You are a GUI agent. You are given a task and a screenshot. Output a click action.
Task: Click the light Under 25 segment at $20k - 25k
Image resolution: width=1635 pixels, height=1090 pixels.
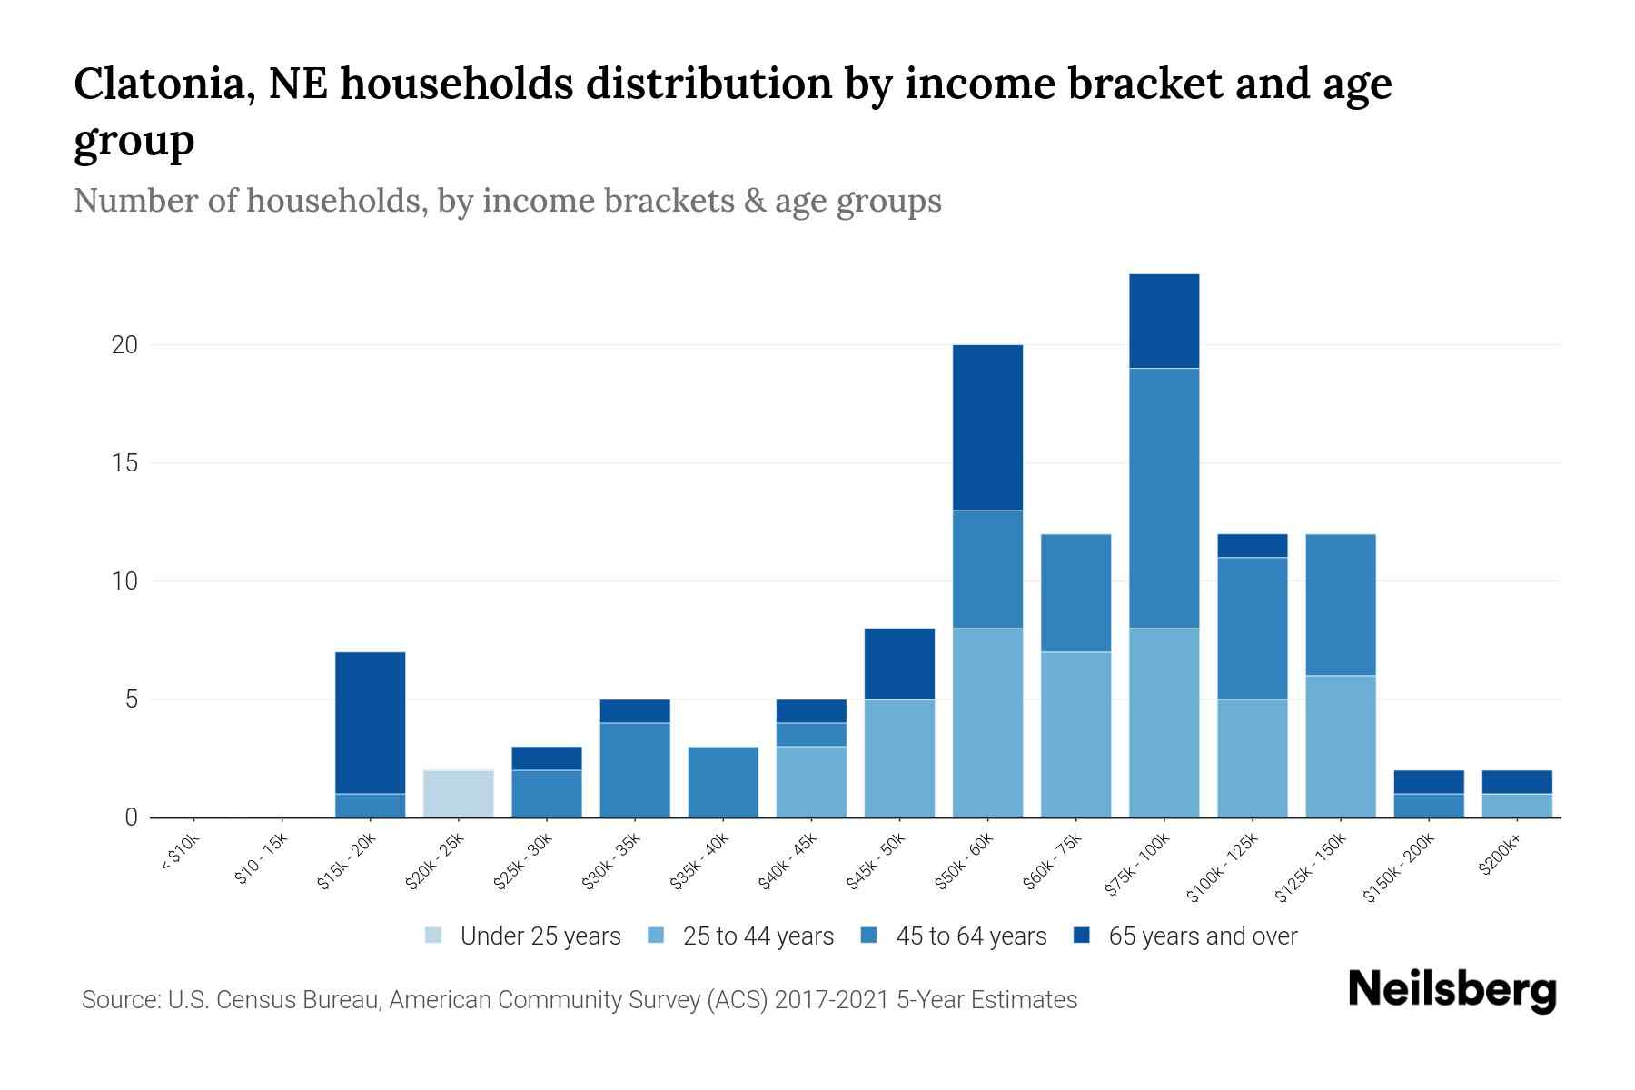click(x=458, y=793)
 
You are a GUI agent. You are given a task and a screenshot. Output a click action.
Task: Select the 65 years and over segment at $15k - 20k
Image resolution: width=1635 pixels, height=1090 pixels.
click(x=370, y=722)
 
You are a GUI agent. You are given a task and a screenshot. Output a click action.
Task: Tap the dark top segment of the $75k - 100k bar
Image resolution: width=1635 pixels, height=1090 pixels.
click(x=1164, y=321)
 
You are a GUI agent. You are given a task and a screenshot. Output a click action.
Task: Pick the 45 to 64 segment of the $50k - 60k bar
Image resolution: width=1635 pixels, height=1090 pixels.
click(x=987, y=569)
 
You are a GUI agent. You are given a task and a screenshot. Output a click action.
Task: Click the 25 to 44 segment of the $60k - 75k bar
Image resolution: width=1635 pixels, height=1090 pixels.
click(x=1075, y=734)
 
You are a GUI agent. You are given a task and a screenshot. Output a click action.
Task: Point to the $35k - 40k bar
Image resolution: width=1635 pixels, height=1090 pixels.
click(x=723, y=782)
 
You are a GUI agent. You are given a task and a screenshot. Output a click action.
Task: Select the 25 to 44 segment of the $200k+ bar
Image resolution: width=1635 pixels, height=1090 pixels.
click(x=1517, y=806)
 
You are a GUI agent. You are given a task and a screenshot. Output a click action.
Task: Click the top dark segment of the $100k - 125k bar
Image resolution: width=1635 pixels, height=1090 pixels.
click(x=1252, y=545)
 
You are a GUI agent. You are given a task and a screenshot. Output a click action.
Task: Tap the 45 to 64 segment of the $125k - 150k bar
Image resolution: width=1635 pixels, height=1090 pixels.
click(x=1340, y=604)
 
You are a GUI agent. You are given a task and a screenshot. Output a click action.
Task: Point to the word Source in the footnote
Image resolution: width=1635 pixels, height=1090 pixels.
click(x=119, y=1000)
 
